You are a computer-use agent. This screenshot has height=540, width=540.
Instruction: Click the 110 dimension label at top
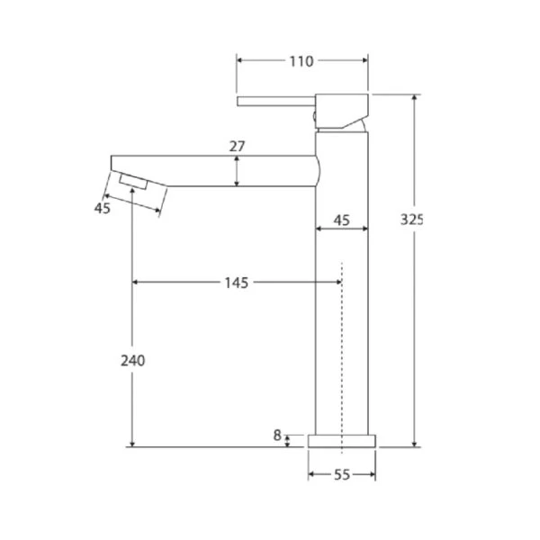click(x=301, y=61)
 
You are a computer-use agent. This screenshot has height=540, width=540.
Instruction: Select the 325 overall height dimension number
click(x=411, y=220)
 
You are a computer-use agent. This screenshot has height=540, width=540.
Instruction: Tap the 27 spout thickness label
click(x=237, y=147)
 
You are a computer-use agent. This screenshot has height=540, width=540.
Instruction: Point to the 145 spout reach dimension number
click(x=236, y=283)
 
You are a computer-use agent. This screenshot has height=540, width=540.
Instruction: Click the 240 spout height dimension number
click(x=133, y=361)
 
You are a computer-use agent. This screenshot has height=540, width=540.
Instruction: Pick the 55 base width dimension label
click(x=342, y=475)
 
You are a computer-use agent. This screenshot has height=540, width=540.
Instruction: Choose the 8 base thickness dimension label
click(x=277, y=436)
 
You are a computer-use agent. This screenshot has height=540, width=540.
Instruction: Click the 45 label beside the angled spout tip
click(x=103, y=209)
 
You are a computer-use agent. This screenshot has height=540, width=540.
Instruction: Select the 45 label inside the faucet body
click(x=342, y=220)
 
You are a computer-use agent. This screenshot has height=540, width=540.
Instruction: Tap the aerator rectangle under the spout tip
click(x=133, y=182)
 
